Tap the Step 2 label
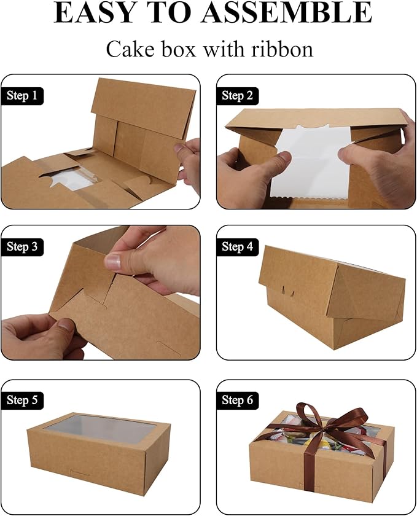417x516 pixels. point(237,96)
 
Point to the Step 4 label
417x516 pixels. point(237,247)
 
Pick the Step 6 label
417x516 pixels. point(237,401)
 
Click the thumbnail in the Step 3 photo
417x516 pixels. point(113,262)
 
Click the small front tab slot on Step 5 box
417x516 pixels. point(80,472)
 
